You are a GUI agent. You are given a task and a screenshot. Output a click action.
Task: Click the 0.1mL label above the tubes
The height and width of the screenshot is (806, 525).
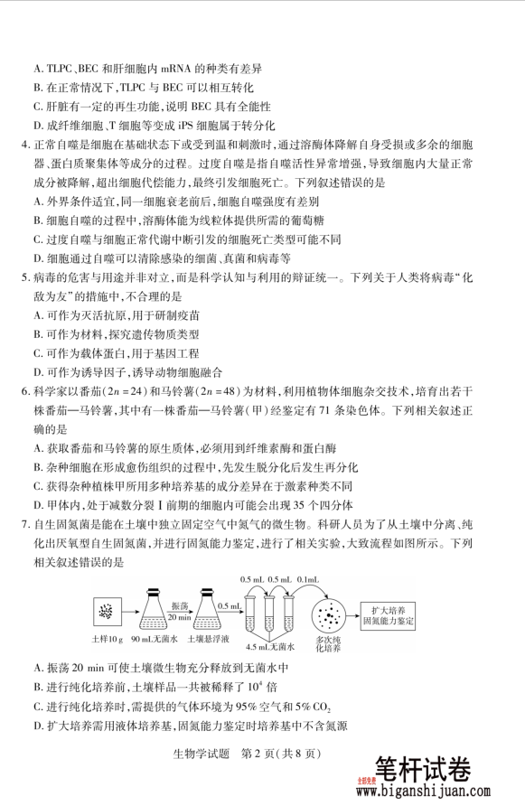tap(305, 579)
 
